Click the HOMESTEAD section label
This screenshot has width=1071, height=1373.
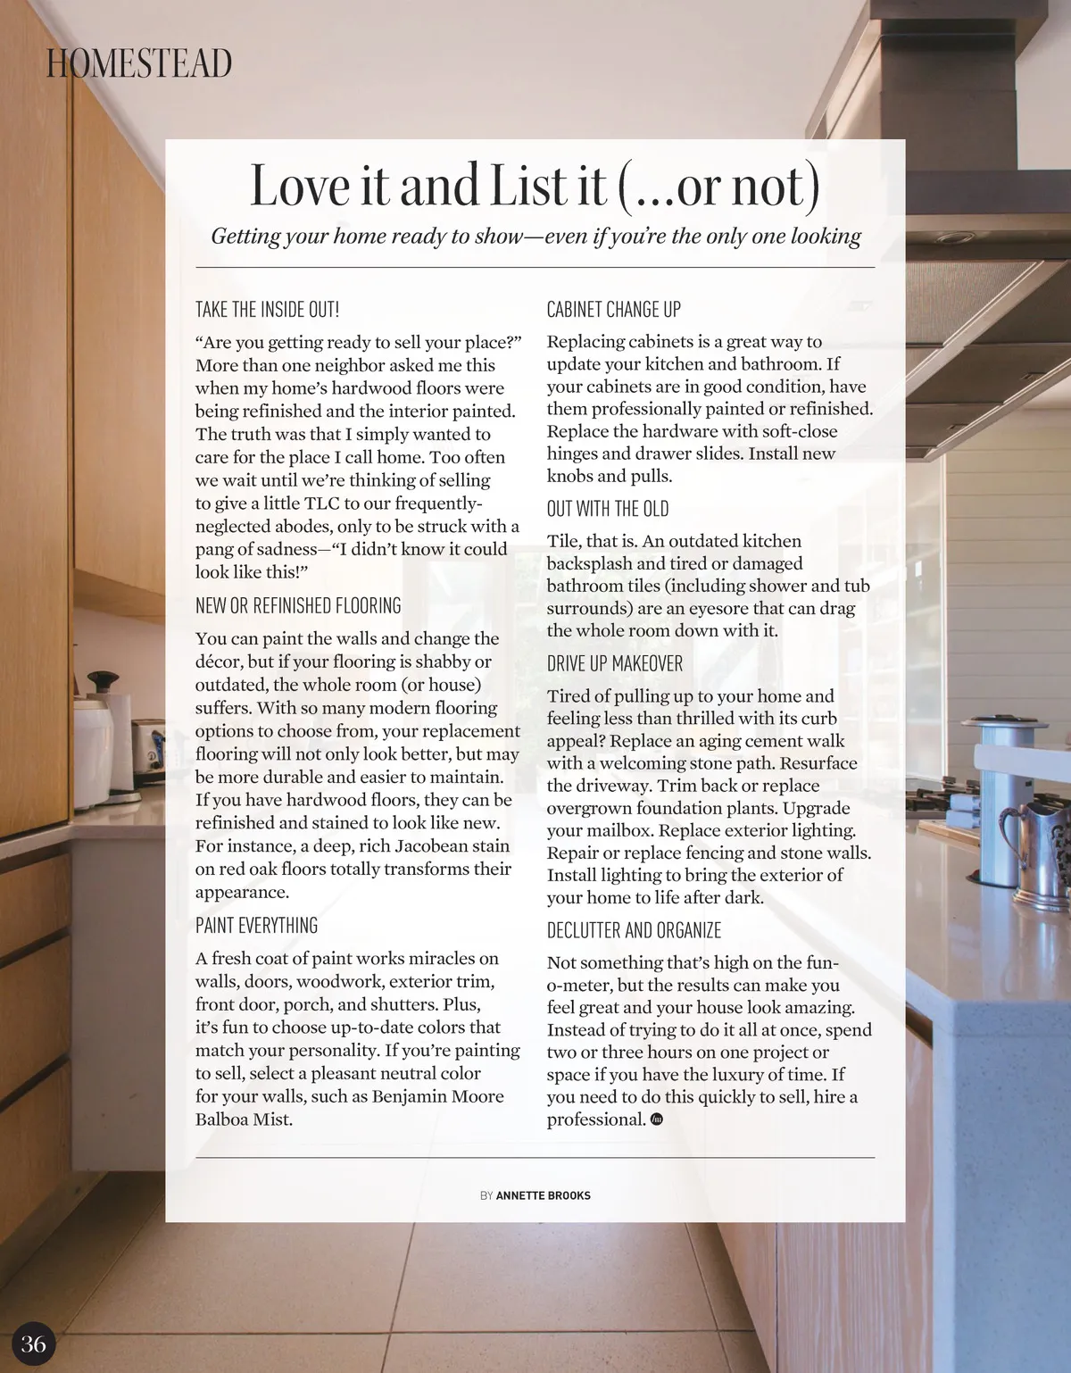[x=139, y=63]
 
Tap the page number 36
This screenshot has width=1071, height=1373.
[x=33, y=1344]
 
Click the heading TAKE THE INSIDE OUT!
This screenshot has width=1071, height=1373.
[x=267, y=310]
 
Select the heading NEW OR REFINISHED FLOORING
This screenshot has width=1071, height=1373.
[x=298, y=606]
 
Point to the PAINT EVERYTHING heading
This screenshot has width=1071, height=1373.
[x=256, y=926]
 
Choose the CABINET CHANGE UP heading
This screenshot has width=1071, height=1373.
[x=613, y=310]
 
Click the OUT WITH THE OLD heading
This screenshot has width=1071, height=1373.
[x=607, y=509]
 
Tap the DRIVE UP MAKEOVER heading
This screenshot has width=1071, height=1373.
[x=614, y=664]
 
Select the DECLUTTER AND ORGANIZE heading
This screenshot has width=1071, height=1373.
[x=634, y=931]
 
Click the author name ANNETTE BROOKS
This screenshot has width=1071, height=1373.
[x=543, y=1195]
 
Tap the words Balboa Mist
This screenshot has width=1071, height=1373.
[x=244, y=1119]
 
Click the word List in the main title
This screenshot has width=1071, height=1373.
[x=529, y=186]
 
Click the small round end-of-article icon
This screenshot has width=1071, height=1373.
[x=657, y=1119]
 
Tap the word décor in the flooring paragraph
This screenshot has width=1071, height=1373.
[x=219, y=662]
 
